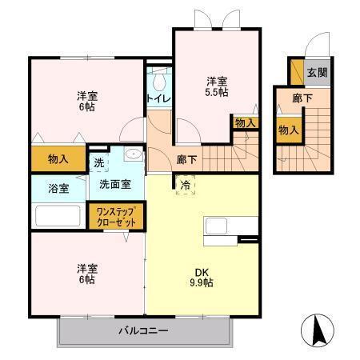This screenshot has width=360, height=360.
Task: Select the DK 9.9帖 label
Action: click(202, 276)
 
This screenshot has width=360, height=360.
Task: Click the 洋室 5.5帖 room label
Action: click(216, 86)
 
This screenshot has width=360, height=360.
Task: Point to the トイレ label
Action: click(157, 100)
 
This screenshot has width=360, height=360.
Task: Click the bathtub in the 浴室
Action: click(58, 217)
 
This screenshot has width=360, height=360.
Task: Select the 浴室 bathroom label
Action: click(58, 189)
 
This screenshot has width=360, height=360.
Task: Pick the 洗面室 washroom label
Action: click(115, 184)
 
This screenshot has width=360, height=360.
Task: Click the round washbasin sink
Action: click(134, 155)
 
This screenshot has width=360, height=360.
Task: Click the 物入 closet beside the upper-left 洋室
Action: click(58, 158)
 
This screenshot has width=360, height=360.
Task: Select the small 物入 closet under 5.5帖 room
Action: click(245, 122)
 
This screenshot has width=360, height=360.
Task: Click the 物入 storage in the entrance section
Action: click(289, 130)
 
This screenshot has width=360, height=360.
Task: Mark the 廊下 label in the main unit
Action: click(187, 158)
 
